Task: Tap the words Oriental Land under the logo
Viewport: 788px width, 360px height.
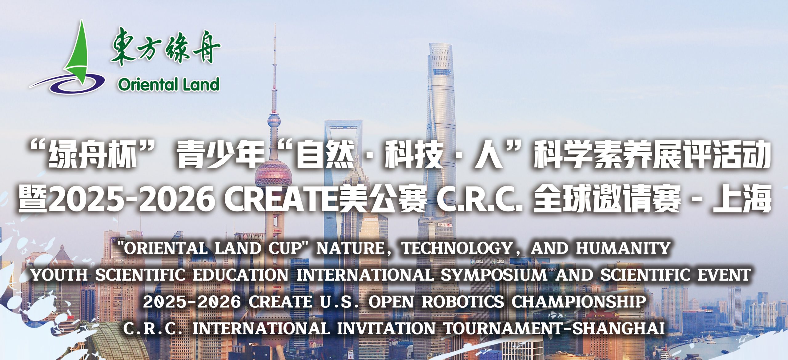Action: tap(169, 85)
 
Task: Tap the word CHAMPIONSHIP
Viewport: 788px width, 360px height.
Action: tap(578, 302)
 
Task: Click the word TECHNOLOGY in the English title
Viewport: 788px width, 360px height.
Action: tap(452, 248)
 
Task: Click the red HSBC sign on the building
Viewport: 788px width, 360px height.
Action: tap(445, 225)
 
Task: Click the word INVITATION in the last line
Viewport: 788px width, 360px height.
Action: tap(386, 329)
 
